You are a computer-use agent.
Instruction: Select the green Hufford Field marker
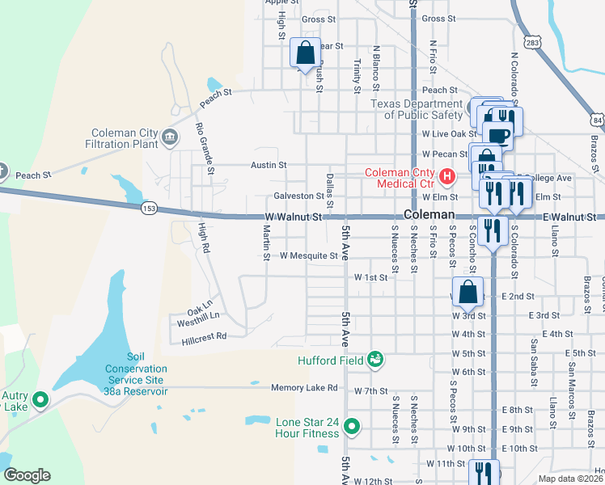(374, 358)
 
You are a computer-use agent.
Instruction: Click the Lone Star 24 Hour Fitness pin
(352, 425)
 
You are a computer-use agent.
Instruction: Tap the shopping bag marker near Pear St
(306, 53)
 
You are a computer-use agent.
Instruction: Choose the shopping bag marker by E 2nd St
(467, 292)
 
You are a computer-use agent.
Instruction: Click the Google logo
(27, 475)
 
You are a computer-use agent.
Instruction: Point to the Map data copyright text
(571, 479)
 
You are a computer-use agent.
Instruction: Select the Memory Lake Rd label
(304, 388)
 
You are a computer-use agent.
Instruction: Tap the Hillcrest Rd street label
(199, 335)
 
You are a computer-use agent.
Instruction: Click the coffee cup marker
(499, 134)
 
